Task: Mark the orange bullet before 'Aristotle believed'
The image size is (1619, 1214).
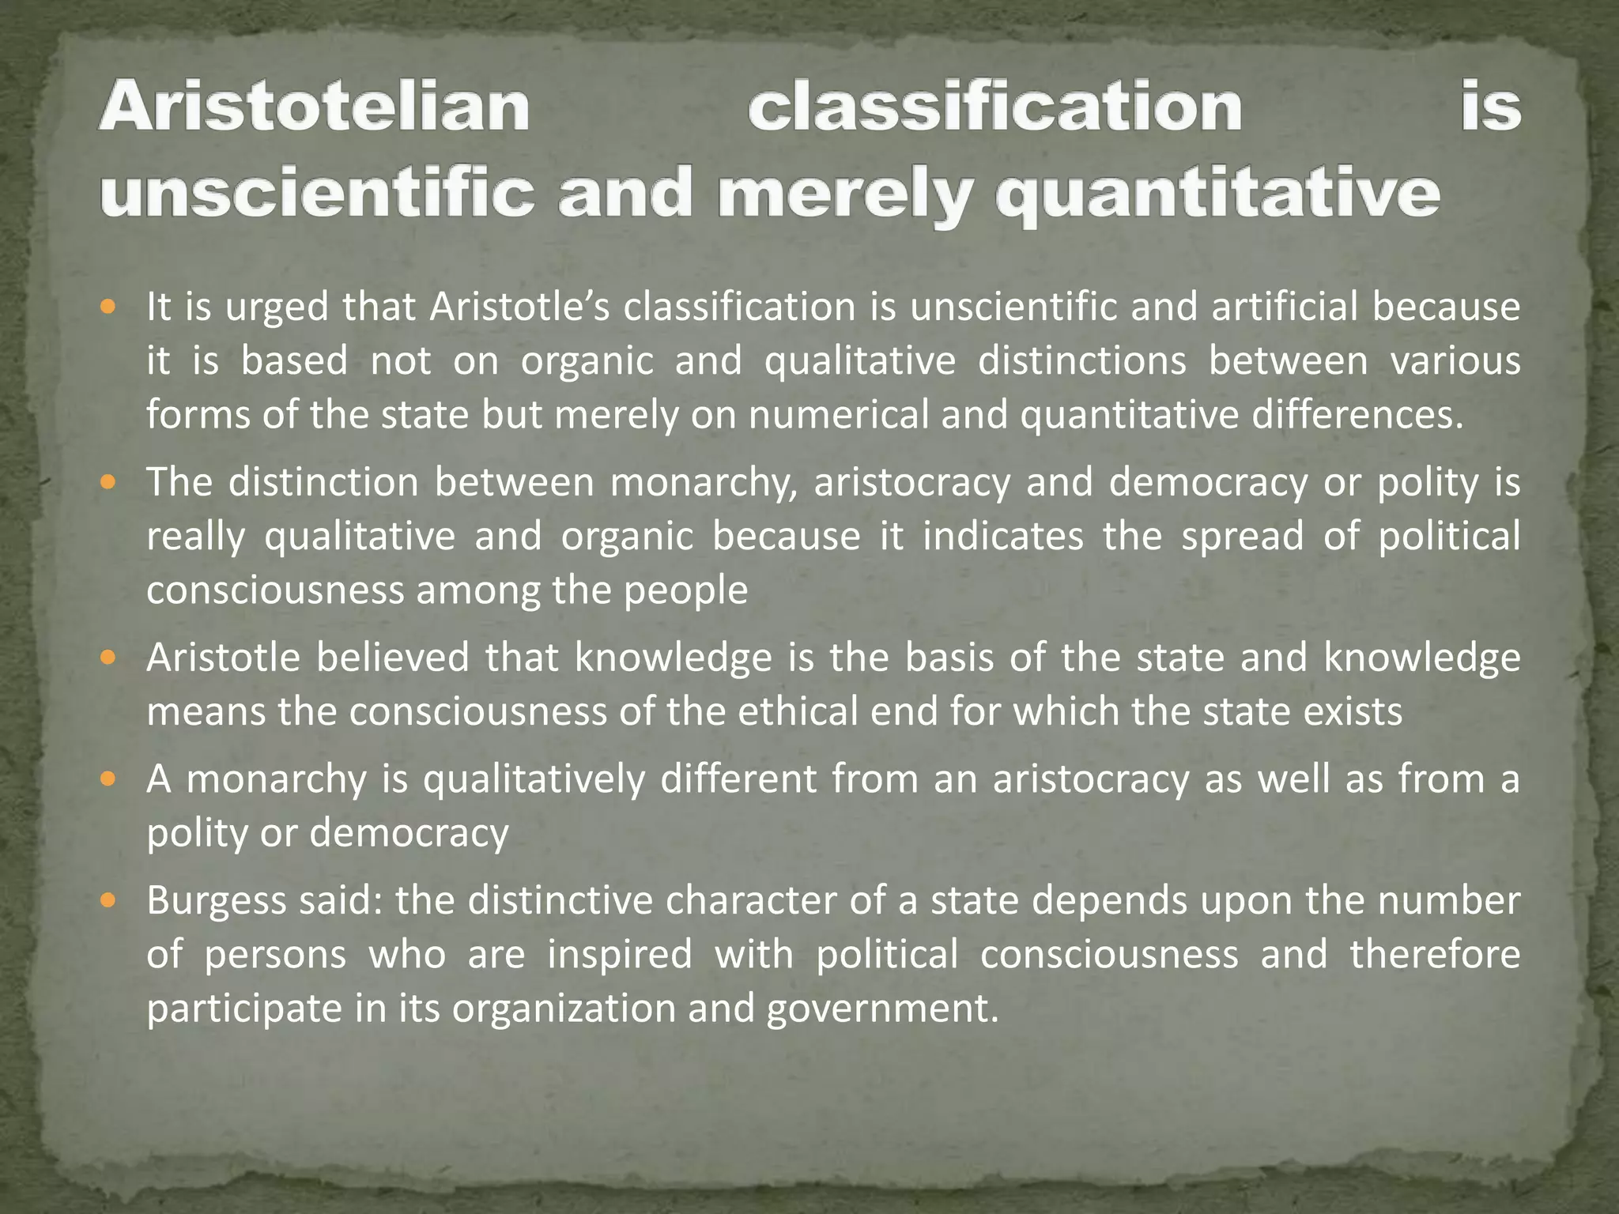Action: (110, 656)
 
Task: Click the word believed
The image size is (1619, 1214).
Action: (393, 658)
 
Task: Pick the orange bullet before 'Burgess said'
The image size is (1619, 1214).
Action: (110, 899)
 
